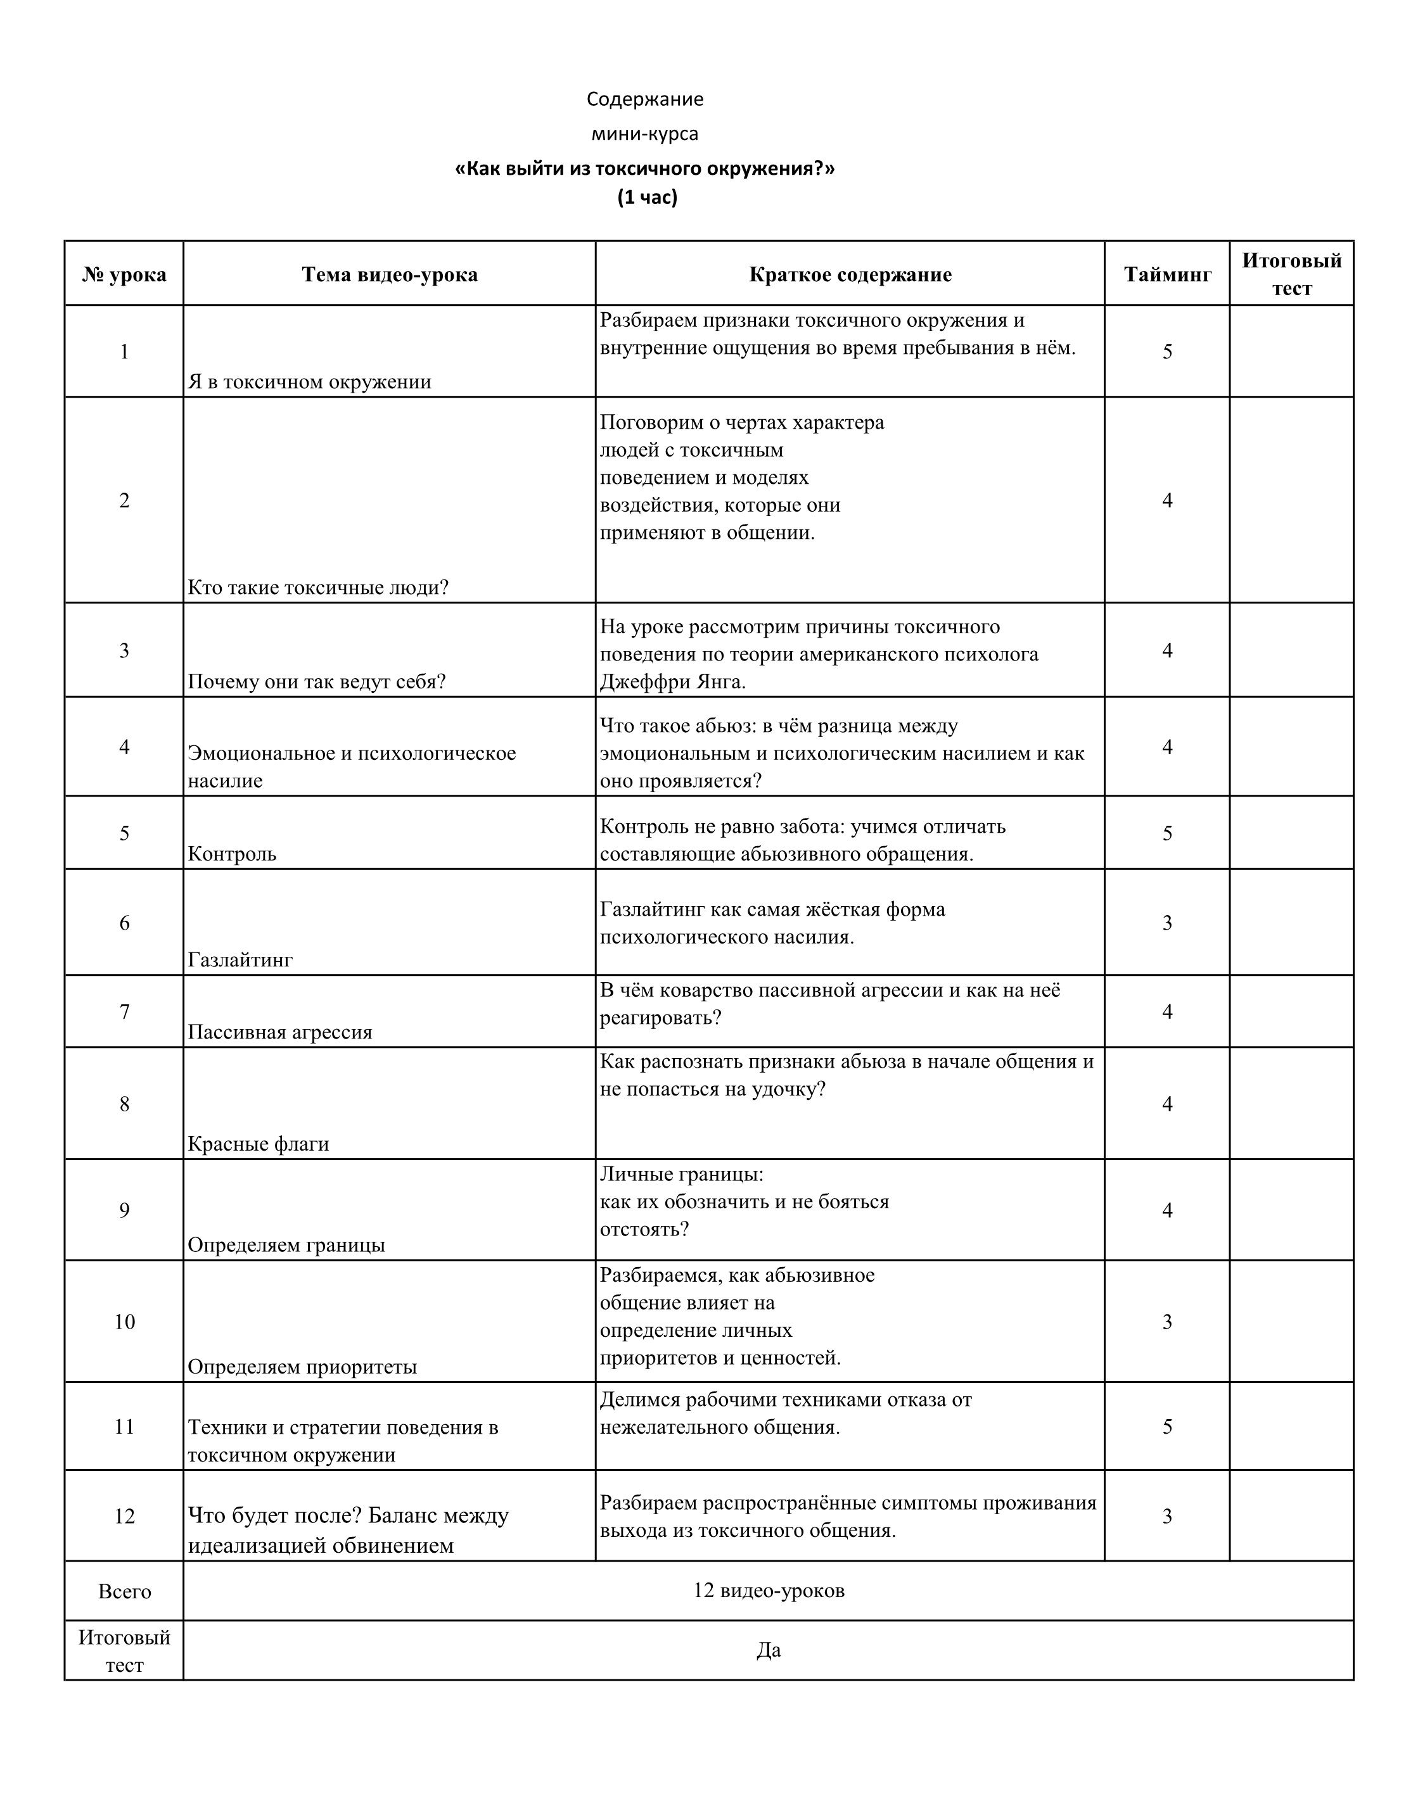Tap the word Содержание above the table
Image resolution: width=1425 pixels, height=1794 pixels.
(644, 99)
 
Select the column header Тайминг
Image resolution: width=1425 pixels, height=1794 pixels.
(1167, 275)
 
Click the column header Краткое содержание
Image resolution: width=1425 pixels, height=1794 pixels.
(850, 275)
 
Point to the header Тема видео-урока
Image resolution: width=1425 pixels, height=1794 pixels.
(390, 275)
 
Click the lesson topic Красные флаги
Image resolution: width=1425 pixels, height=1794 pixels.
(258, 1143)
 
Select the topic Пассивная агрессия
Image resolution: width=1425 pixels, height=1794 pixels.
(279, 1032)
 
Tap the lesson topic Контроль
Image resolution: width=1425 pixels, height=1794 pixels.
(233, 854)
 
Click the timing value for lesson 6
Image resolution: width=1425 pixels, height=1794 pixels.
(1167, 922)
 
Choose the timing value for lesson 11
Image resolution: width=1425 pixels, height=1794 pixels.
(1167, 1426)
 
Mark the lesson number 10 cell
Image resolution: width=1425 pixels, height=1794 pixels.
(124, 1322)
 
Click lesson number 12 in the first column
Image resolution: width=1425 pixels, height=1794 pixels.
(124, 1516)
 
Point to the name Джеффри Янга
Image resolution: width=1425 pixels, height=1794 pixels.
(672, 681)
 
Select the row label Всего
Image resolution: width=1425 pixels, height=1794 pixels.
(124, 1592)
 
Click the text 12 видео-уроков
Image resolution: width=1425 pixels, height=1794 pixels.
(769, 1590)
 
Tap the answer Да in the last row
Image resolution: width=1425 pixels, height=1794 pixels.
(769, 1650)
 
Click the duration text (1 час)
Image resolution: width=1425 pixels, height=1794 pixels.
(647, 197)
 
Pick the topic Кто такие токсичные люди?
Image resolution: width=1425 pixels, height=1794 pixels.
(318, 588)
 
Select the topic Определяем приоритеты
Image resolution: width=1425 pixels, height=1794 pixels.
(302, 1367)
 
